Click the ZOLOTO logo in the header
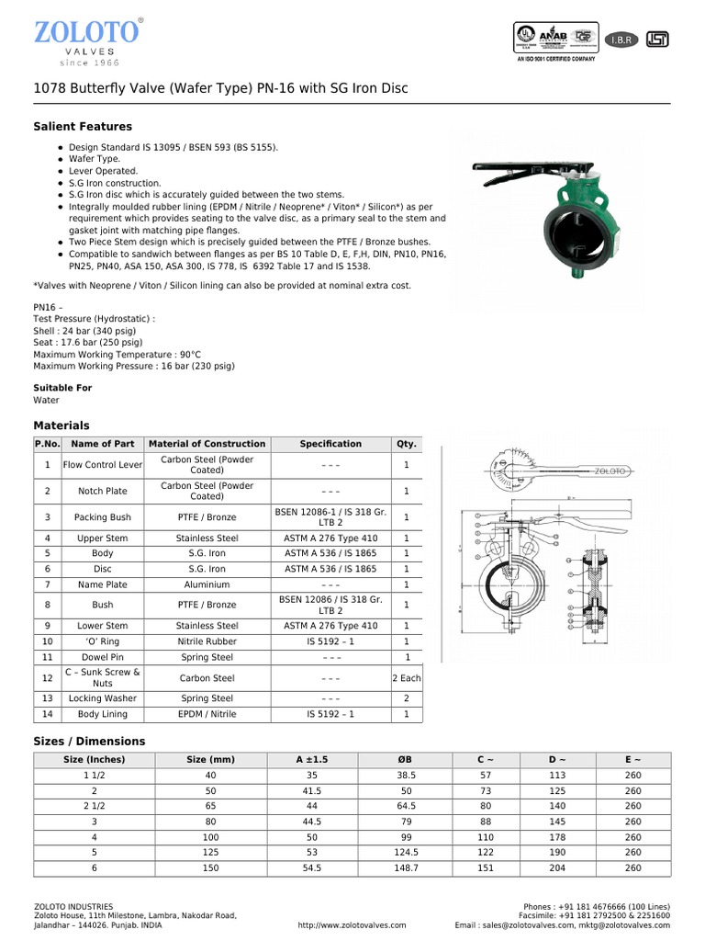click(x=86, y=34)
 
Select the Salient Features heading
click(x=83, y=126)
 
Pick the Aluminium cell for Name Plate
click(x=207, y=584)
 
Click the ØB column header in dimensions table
click(x=407, y=760)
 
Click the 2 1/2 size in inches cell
click(x=94, y=806)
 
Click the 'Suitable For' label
click(x=62, y=388)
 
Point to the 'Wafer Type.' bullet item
click(x=95, y=159)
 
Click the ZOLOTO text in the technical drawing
click(x=610, y=470)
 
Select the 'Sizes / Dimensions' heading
click(x=89, y=741)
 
